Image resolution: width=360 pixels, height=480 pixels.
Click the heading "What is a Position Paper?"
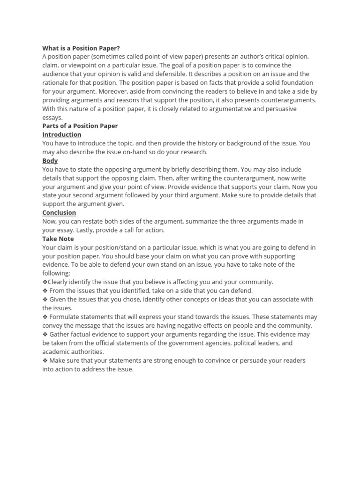[x=81, y=48]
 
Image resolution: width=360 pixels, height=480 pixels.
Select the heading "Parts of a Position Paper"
[x=80, y=126]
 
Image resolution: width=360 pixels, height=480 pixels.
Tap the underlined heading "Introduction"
[x=62, y=135]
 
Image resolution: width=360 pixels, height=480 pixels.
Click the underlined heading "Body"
[x=50, y=161]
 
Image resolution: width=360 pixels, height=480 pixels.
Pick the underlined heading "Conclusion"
[x=59, y=213]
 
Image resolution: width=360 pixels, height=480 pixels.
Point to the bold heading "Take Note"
[x=58, y=239]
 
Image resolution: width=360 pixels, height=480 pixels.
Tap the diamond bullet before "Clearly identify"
[x=45, y=282]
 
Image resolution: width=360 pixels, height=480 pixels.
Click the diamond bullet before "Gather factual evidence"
[x=45, y=334]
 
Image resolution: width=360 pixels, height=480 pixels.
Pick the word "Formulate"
[x=64, y=317]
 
